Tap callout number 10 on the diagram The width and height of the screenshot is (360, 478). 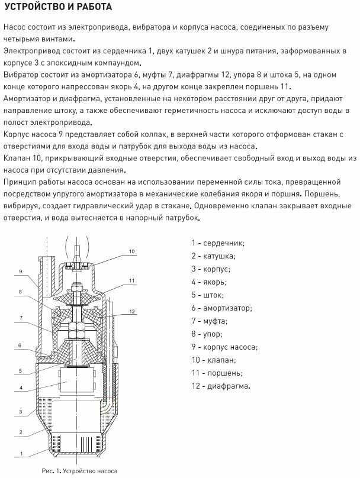pyautogui.click(x=132, y=251)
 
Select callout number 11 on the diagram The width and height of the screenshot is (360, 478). pyautogui.click(x=132, y=280)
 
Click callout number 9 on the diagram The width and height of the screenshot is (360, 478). pyautogui.click(x=20, y=272)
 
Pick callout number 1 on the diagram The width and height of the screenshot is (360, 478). pyautogui.click(x=20, y=454)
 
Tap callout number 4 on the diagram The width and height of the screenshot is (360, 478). pyautogui.click(x=20, y=388)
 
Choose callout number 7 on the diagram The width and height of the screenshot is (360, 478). pyautogui.click(x=20, y=318)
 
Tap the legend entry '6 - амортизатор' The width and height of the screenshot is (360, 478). pyautogui.click(x=221, y=308)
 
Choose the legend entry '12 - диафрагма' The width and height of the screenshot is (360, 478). pyautogui.click(x=220, y=386)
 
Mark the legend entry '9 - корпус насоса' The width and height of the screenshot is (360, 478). pyautogui.click(x=223, y=347)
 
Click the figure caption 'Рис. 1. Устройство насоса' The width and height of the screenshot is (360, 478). pyautogui.click(x=79, y=471)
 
